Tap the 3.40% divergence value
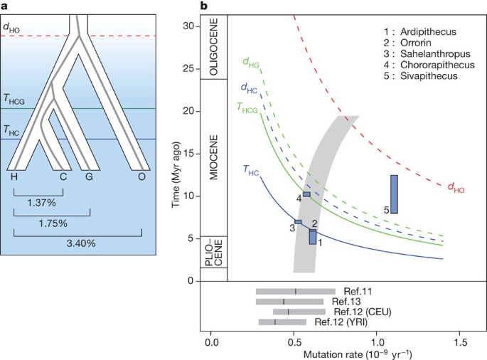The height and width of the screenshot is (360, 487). coord(78,243)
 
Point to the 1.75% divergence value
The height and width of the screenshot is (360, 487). coord(53,223)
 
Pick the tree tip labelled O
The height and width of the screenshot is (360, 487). coord(142,176)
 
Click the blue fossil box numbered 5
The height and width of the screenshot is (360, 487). coord(394,194)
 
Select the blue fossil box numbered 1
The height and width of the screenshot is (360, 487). coord(313,237)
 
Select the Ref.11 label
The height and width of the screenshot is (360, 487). coord(358,291)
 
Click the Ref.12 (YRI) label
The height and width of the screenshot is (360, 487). coord(341,322)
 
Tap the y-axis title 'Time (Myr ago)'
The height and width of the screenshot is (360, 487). coord(175,153)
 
